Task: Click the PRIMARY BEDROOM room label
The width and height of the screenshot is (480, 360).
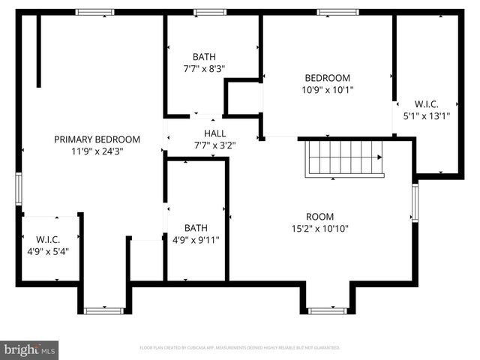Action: (x=97, y=139)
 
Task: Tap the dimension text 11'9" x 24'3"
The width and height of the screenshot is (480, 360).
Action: (x=97, y=151)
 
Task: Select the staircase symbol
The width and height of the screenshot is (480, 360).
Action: (x=345, y=157)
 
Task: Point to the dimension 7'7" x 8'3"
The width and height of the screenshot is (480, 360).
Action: (x=204, y=68)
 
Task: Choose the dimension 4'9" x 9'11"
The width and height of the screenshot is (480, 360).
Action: (x=196, y=240)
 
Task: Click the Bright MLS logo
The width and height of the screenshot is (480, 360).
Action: (x=30, y=349)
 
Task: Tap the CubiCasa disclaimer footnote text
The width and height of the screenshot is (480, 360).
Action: (x=240, y=348)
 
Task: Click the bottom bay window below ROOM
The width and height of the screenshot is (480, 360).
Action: (x=327, y=310)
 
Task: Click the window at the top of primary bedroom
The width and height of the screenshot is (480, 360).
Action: (x=95, y=12)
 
